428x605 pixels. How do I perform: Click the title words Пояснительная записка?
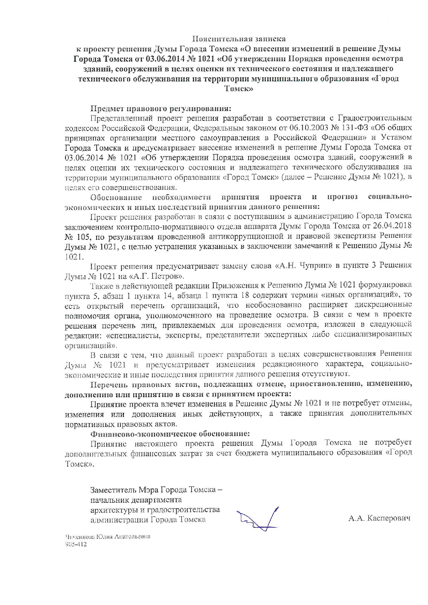click(239, 39)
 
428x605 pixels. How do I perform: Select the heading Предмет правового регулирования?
click(160, 109)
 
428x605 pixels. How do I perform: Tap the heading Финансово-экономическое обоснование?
click(170, 434)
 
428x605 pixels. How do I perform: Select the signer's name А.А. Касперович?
click(379, 518)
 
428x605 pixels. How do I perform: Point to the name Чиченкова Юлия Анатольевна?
click(108, 537)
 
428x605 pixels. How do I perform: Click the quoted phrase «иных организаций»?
click(361, 295)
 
